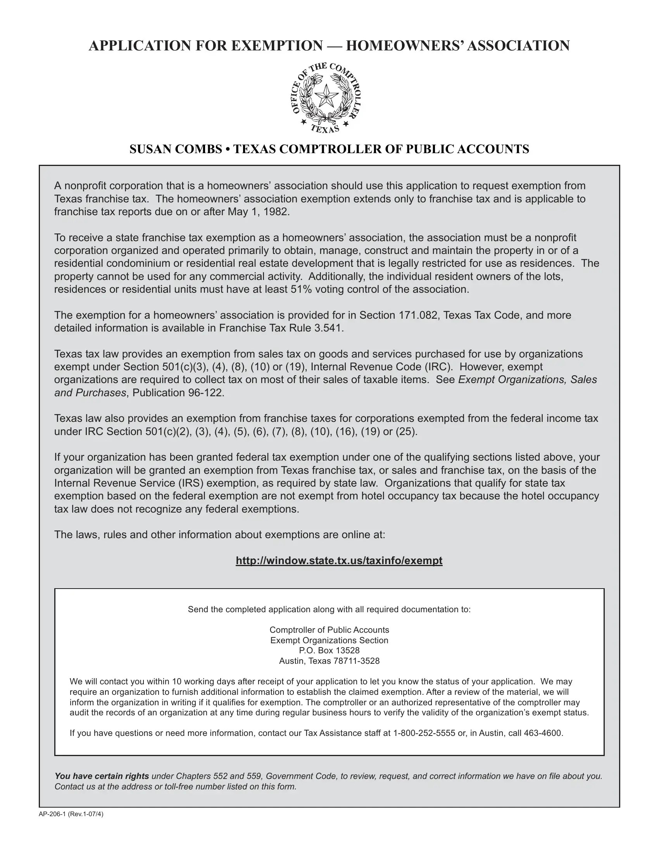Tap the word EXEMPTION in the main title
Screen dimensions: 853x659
point(277,46)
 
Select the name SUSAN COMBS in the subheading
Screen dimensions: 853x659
point(176,149)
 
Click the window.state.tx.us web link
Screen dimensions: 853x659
point(339,561)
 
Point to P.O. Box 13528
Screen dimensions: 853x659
point(329,650)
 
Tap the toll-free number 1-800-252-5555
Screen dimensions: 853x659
point(424,733)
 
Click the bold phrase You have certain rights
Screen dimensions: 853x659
point(102,776)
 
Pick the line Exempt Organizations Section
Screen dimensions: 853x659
point(329,640)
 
